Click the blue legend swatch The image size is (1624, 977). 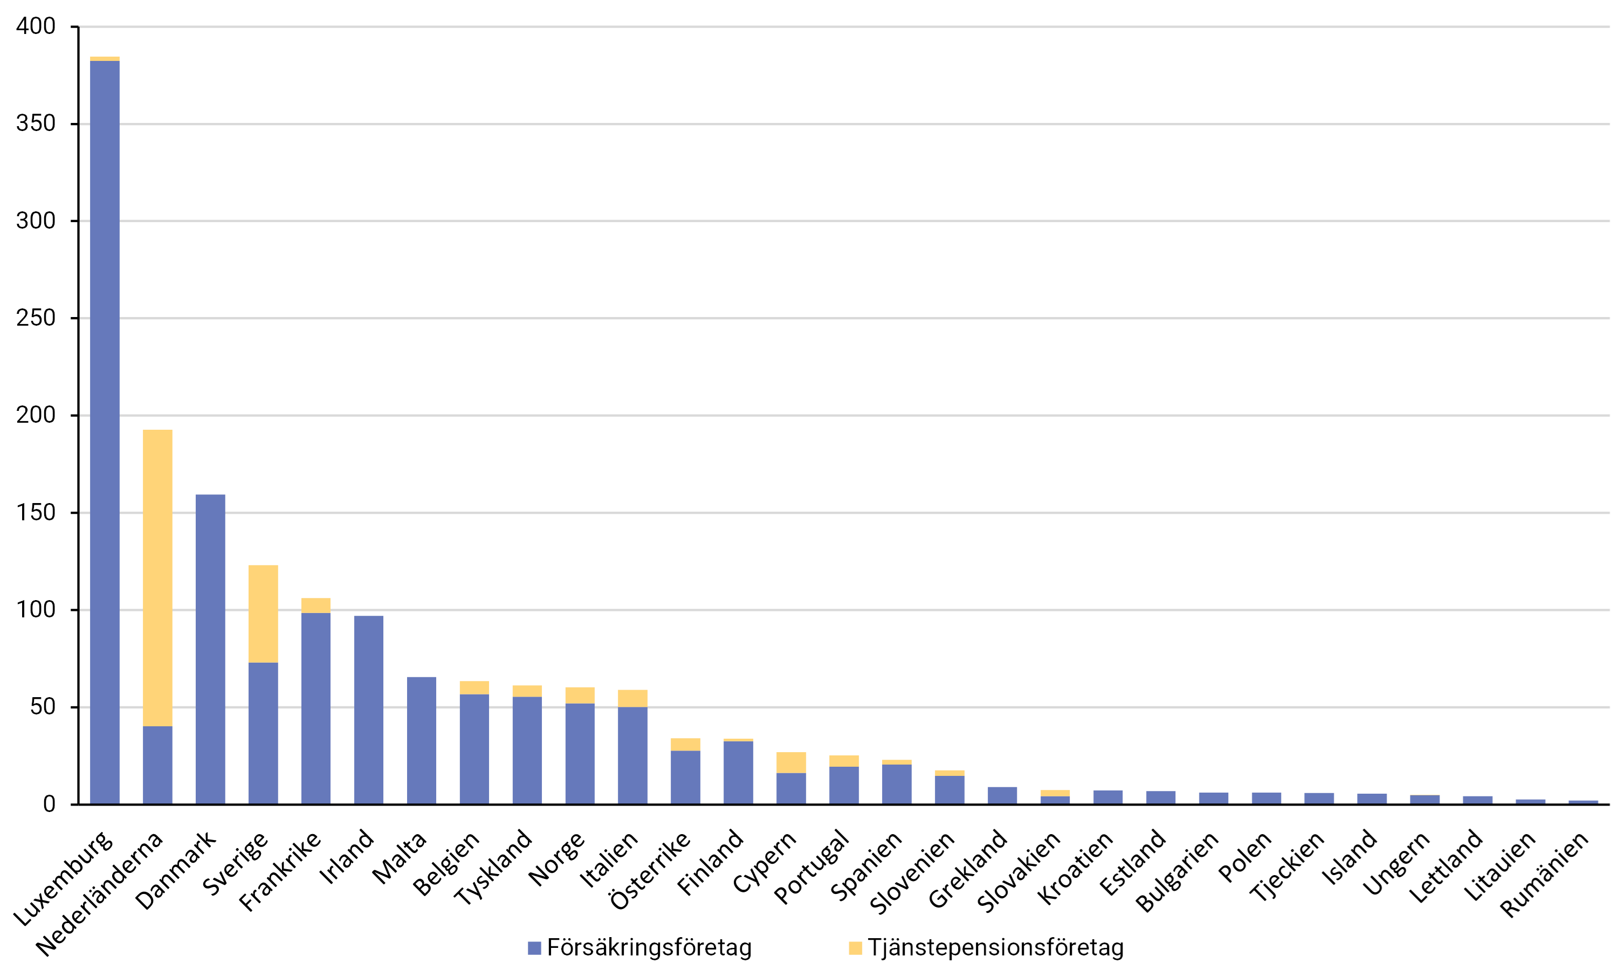534,948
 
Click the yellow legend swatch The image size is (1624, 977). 855,948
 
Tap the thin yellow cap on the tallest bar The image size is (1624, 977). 105,59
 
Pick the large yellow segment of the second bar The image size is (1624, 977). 158,578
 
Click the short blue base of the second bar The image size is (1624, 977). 158,765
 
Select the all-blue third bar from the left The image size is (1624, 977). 211,649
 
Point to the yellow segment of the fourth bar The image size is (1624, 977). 263,614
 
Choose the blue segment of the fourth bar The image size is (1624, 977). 263,733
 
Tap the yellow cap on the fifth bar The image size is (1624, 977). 316,605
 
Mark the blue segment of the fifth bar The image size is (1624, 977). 316,708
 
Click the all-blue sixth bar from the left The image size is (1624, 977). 369,709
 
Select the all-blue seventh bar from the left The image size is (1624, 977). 421,740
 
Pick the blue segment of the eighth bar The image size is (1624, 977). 474,748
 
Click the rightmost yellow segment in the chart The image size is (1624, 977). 1055,793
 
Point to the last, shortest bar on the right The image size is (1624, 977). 1583,801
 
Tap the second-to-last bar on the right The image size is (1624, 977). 1531,801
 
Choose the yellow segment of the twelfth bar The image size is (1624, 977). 685,744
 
